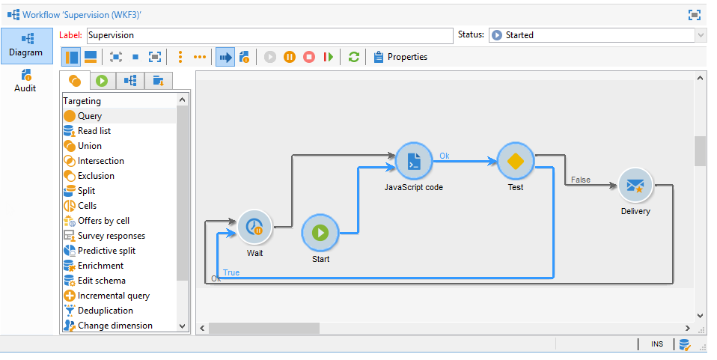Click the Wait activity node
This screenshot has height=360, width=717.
pyautogui.click(x=255, y=227)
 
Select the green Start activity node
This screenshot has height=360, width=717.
pyautogui.click(x=320, y=233)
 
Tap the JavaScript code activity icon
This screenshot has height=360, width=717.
pyautogui.click(x=414, y=160)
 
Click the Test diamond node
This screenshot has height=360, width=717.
pyautogui.click(x=515, y=161)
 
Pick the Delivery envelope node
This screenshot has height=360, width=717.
pyautogui.click(x=635, y=185)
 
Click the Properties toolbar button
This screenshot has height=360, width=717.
pyautogui.click(x=400, y=57)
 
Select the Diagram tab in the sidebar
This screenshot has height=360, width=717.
pyautogui.click(x=26, y=45)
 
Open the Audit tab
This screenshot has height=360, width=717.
pyautogui.click(x=25, y=81)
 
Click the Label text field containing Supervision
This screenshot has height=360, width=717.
pyautogui.click(x=269, y=35)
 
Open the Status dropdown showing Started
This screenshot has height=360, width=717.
pyautogui.click(x=597, y=35)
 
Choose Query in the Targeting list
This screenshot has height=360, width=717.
pyautogui.click(x=90, y=116)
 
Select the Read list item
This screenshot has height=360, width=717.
pyautogui.click(x=94, y=131)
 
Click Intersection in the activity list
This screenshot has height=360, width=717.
pyautogui.click(x=100, y=161)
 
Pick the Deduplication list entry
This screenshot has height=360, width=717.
pyautogui.click(x=105, y=311)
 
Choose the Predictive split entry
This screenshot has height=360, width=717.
pyautogui.click(x=106, y=251)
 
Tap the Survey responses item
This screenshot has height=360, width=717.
pyautogui.click(x=111, y=236)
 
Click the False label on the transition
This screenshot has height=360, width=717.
pyautogui.click(x=580, y=180)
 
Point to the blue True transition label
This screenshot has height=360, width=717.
pyautogui.click(x=231, y=272)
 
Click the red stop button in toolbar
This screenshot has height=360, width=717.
pyautogui.click(x=308, y=57)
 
